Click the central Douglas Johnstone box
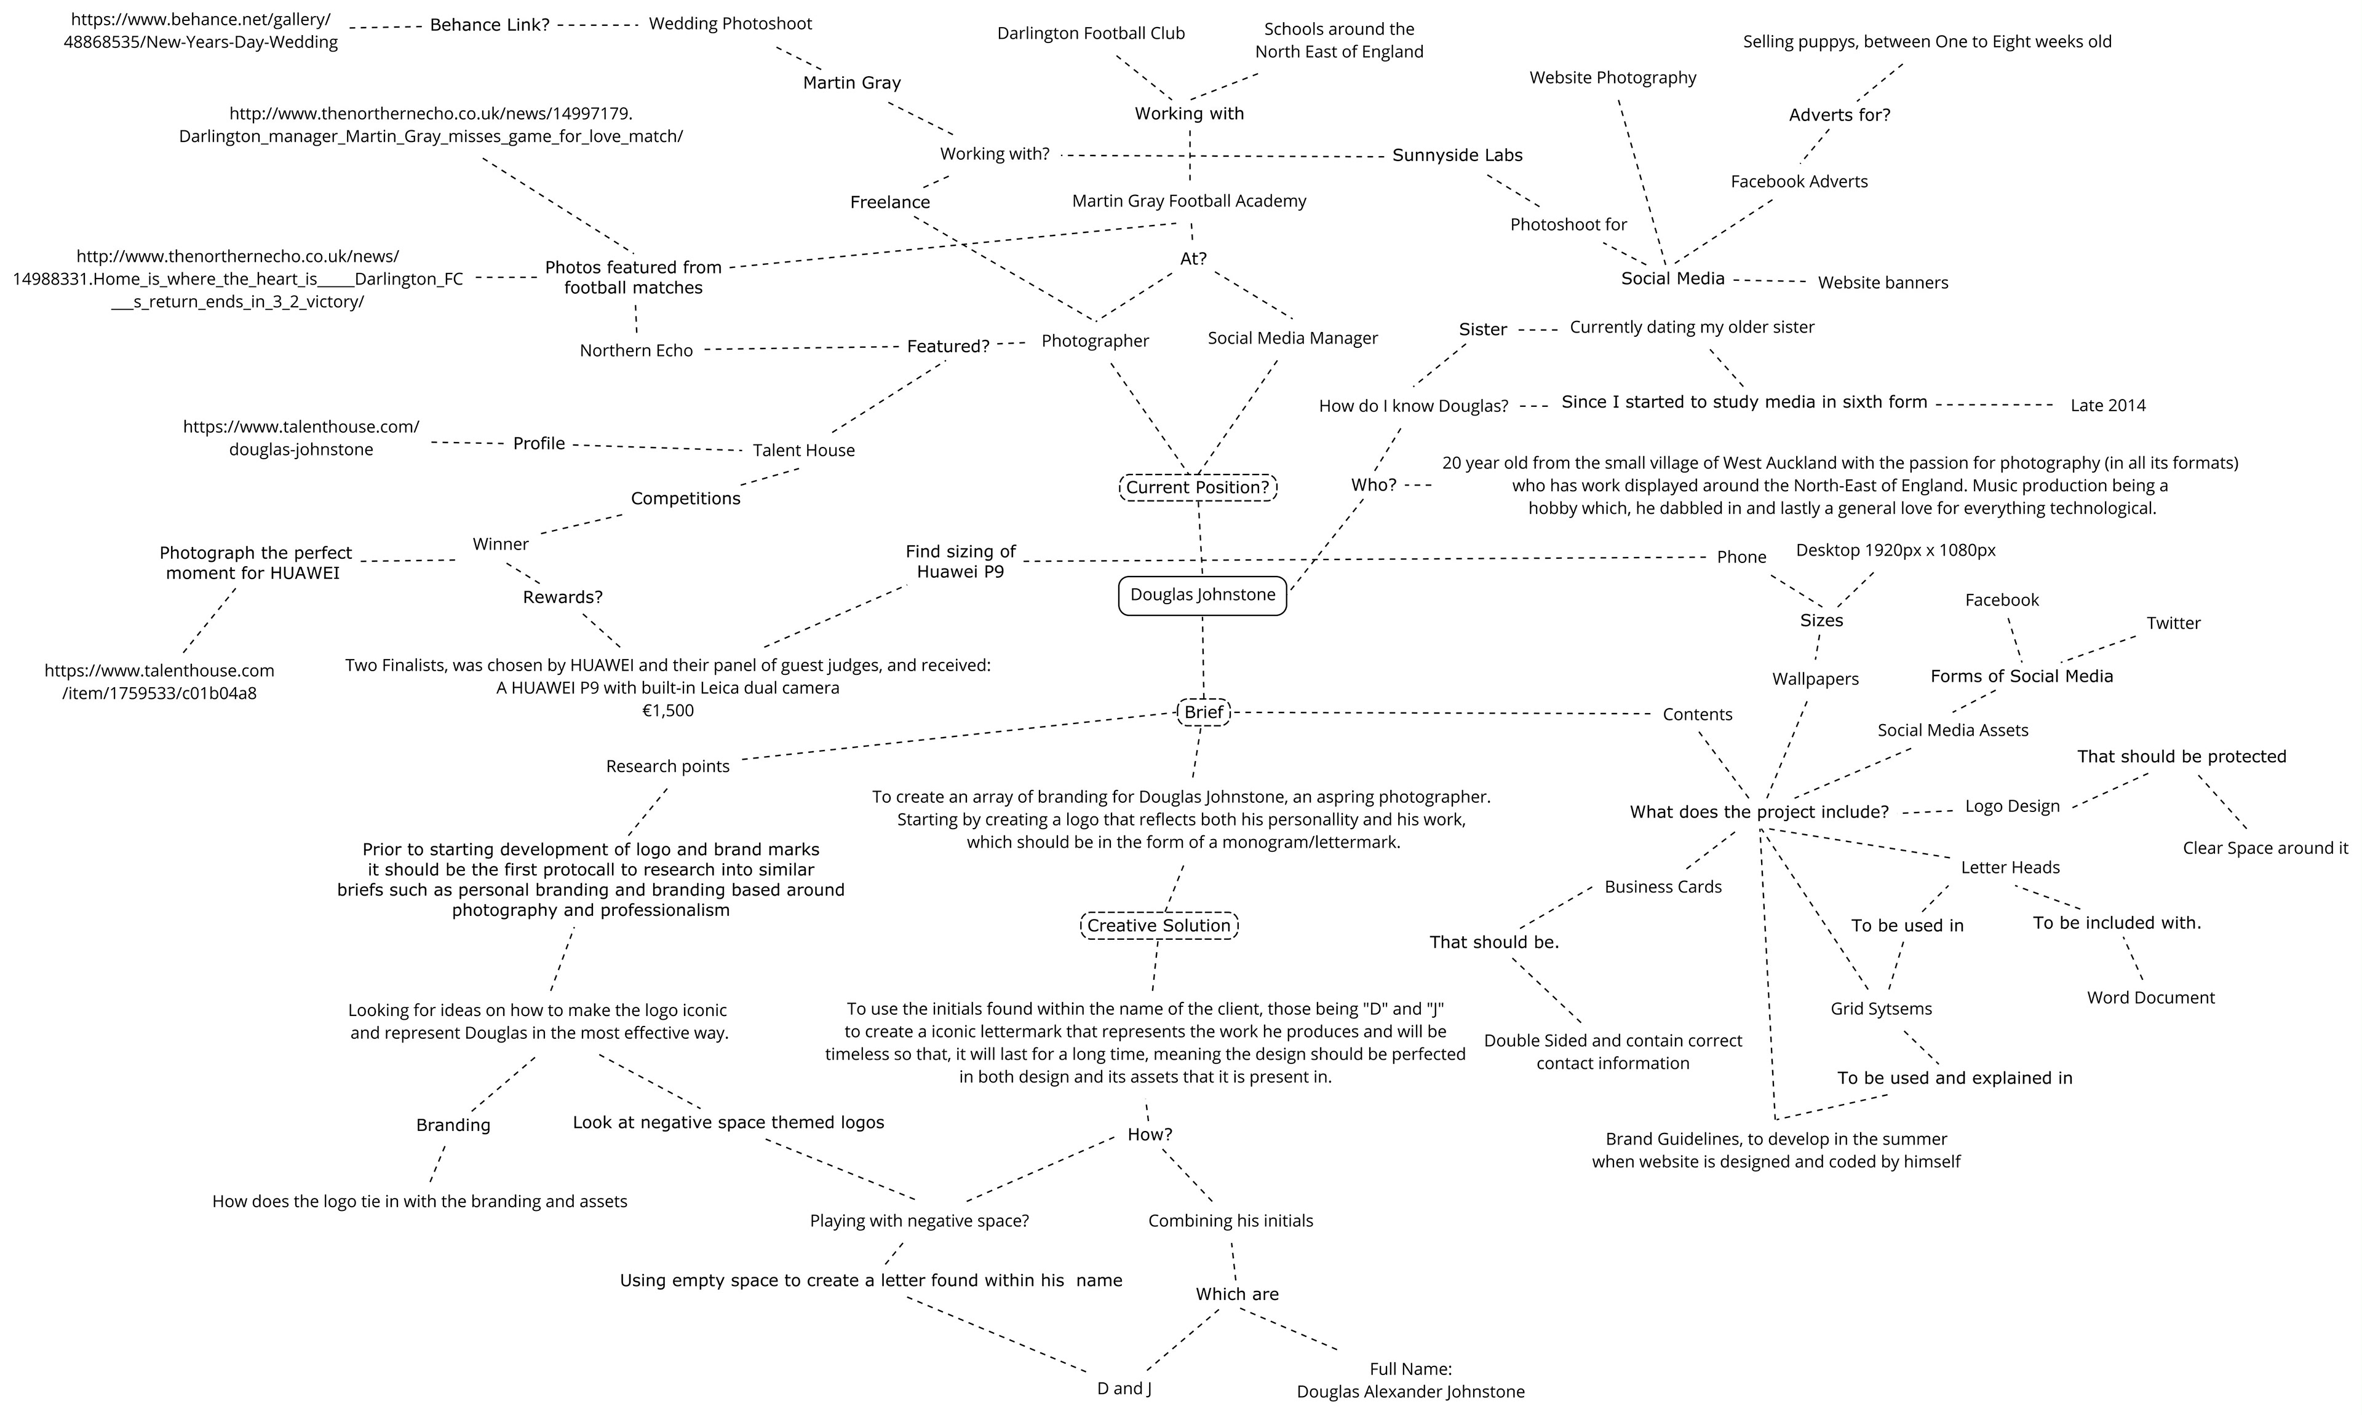coord(1202,595)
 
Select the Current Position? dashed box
coord(1197,487)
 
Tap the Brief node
coord(1203,712)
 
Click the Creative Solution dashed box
coord(1159,925)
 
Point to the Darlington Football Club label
coord(1091,33)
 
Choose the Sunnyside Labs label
coord(1457,156)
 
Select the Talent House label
coord(803,450)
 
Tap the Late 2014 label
coord(2107,405)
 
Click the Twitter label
coord(2173,623)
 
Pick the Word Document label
coord(2150,998)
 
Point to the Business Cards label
coord(1663,887)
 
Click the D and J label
coord(1124,1389)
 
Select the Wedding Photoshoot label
coord(730,24)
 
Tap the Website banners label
coord(1882,282)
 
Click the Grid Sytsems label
coord(1881,1009)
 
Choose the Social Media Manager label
coord(1292,339)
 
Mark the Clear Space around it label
coord(2265,849)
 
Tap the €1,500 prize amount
coord(668,711)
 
